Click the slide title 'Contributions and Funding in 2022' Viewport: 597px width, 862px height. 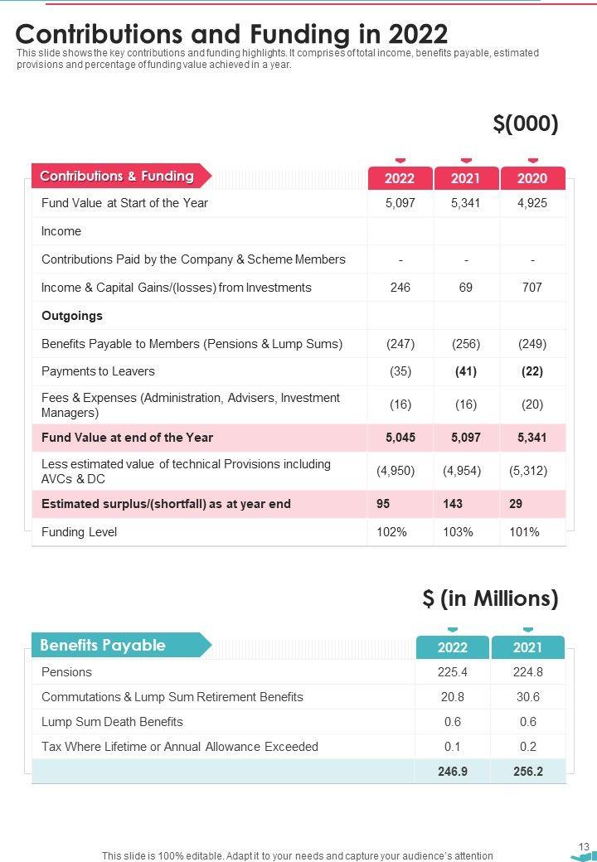[x=231, y=34]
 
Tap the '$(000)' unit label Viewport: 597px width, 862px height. [x=525, y=123]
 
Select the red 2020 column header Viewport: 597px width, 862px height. [x=532, y=178]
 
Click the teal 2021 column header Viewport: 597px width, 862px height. [x=527, y=647]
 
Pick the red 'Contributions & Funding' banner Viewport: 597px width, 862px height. [x=117, y=176]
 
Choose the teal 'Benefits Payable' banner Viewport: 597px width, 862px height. [x=103, y=645]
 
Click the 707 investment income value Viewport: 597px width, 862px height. [x=532, y=288]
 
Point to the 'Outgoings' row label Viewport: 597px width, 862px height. [x=72, y=316]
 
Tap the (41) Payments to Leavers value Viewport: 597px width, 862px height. [x=466, y=371]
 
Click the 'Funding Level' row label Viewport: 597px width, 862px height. [x=80, y=532]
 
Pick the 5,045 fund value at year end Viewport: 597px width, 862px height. [x=400, y=438]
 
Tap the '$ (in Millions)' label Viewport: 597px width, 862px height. [x=490, y=598]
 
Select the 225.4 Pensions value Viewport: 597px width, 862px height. [x=453, y=672]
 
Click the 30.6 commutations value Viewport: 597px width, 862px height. [x=527, y=697]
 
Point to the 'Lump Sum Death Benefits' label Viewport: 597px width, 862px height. [x=112, y=722]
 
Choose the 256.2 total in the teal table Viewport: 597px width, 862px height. [x=527, y=771]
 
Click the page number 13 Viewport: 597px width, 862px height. [x=584, y=846]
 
